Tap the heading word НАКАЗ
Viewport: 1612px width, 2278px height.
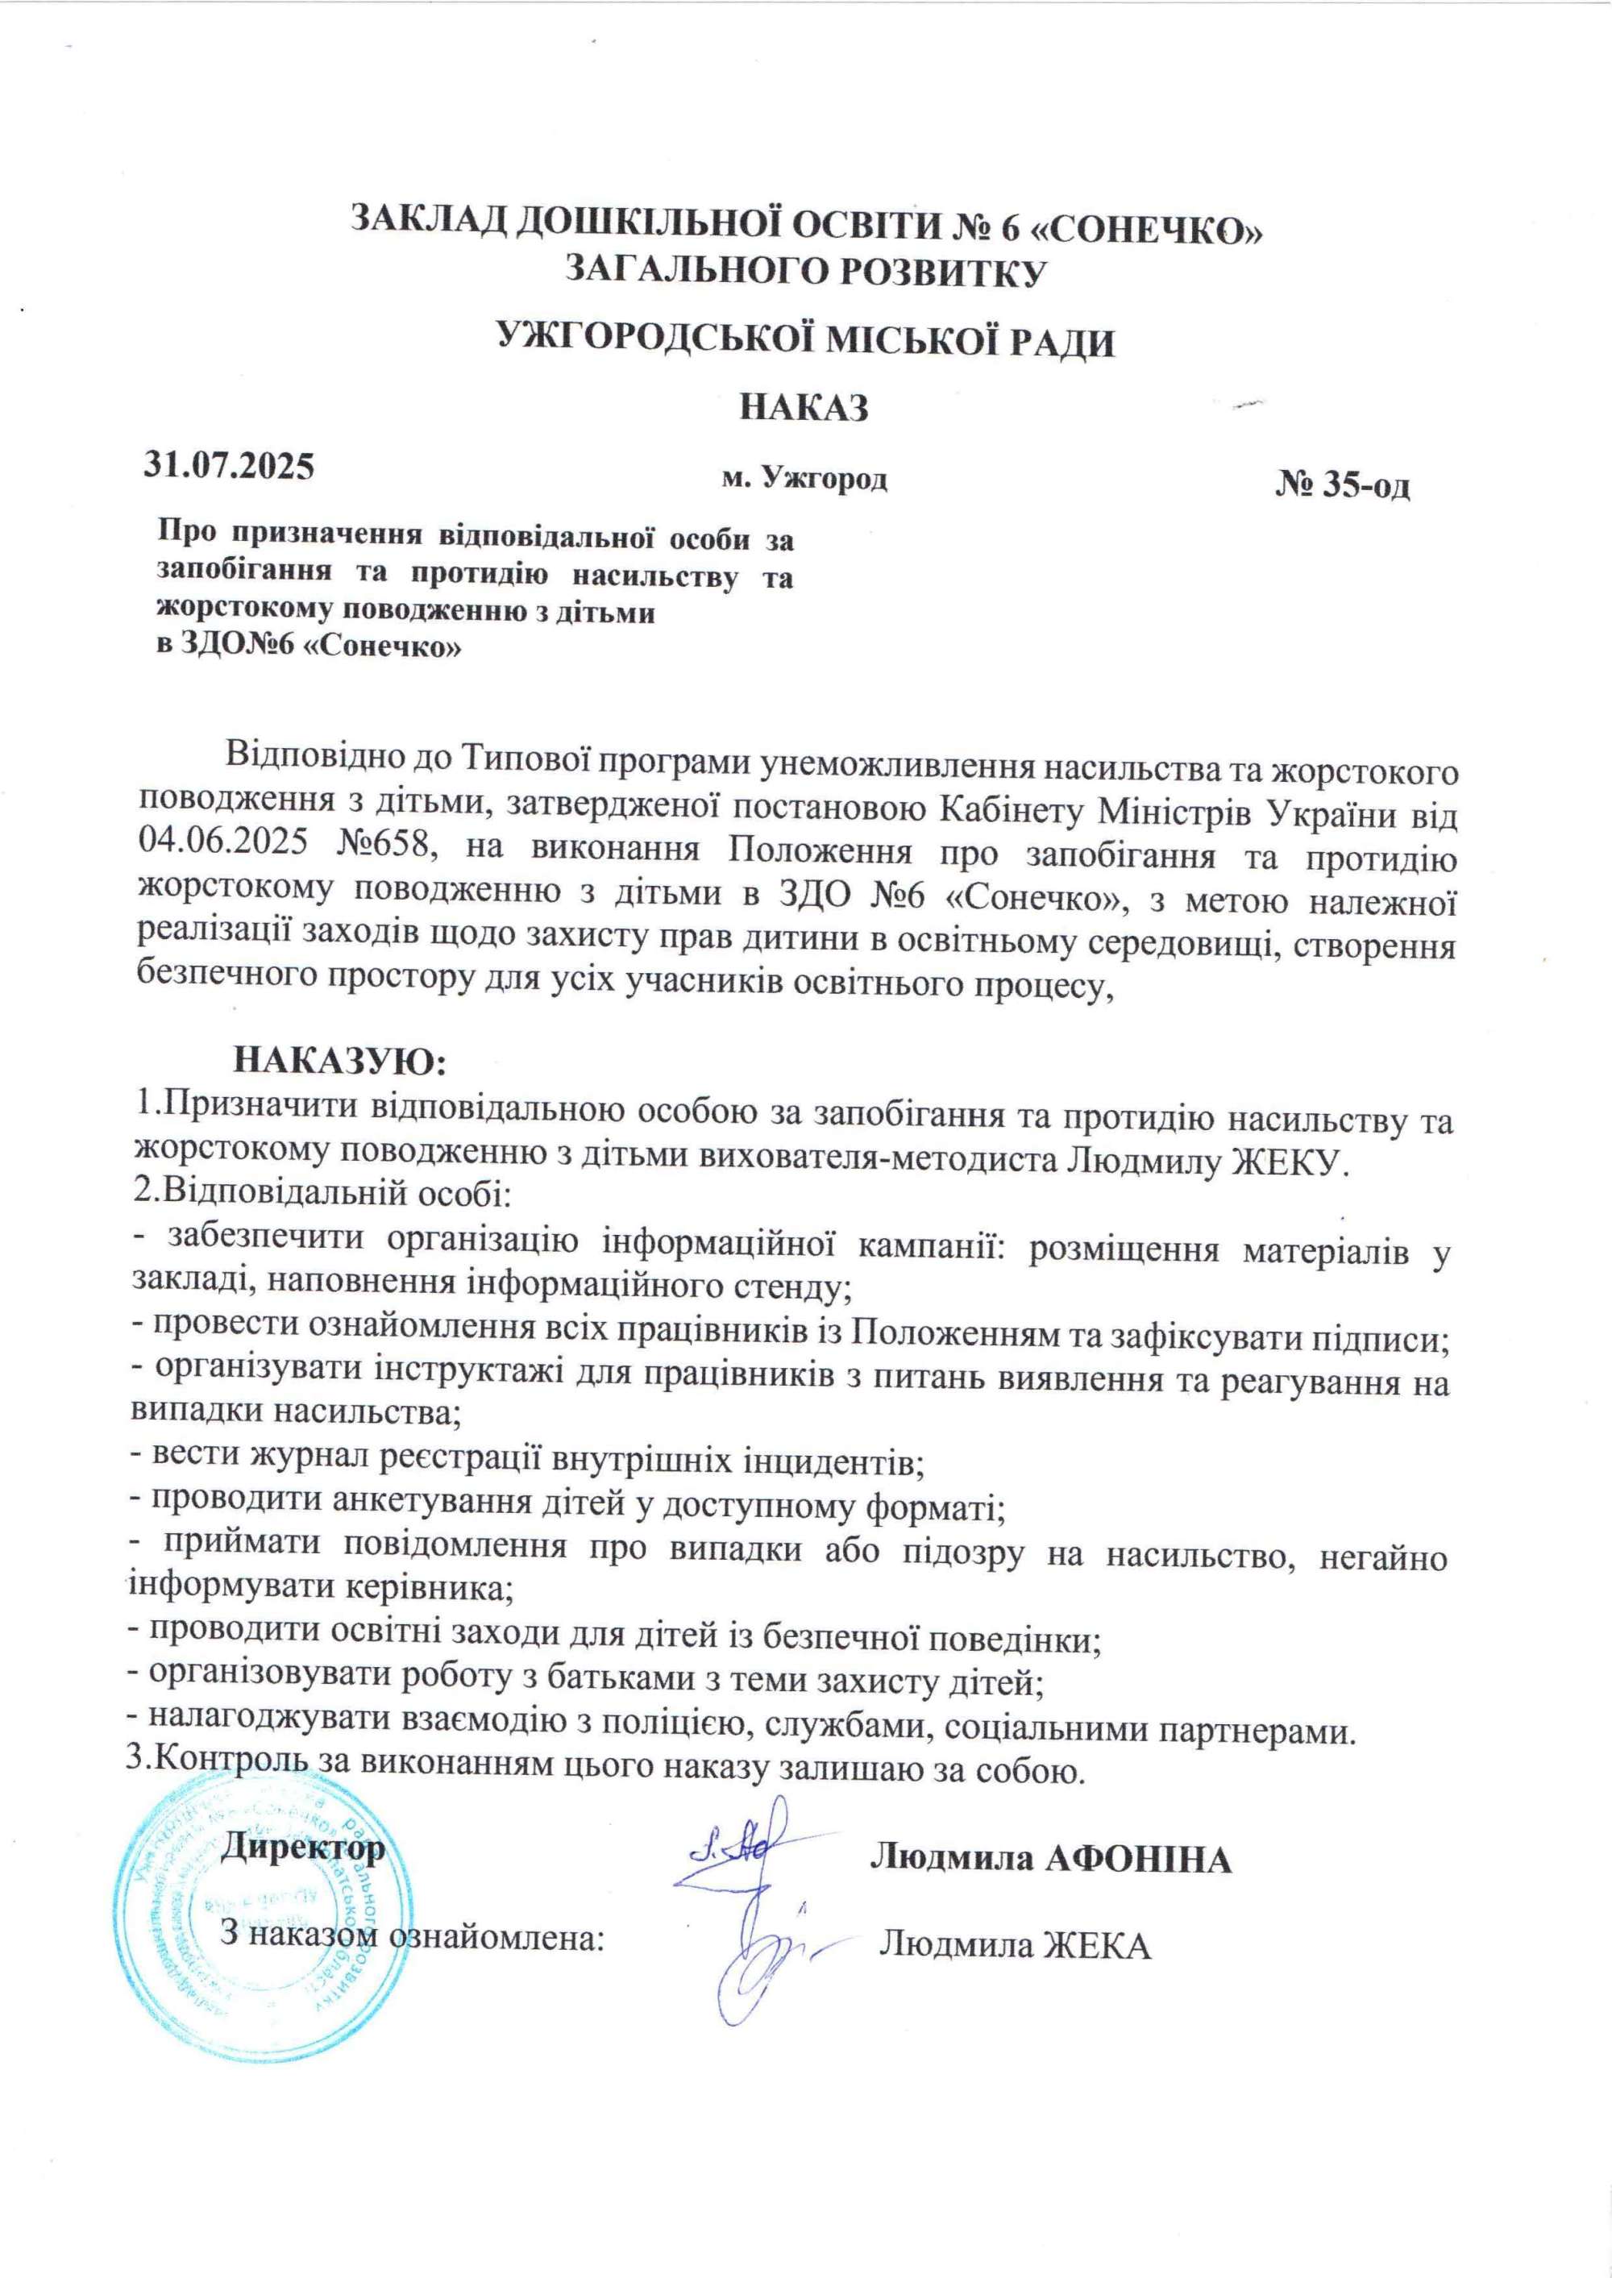click(804, 408)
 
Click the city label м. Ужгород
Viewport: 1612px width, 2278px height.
click(804, 480)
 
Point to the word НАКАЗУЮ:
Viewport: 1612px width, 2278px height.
click(340, 1059)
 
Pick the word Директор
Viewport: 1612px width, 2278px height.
click(303, 1848)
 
